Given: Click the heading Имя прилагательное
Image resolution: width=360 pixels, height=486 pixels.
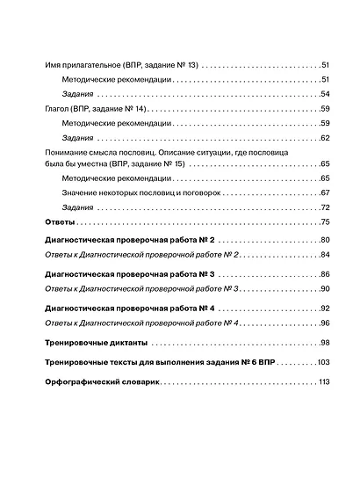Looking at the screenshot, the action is tap(80, 66).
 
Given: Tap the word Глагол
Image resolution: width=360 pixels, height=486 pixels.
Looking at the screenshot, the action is tap(58, 109).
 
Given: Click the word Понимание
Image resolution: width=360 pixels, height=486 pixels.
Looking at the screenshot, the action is tap(68, 153).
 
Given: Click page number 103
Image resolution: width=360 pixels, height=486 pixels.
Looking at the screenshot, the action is tap(321, 362).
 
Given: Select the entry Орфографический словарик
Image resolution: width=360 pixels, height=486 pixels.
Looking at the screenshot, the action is tap(101, 382).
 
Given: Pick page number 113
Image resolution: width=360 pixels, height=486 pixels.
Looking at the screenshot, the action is tap(322, 382).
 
